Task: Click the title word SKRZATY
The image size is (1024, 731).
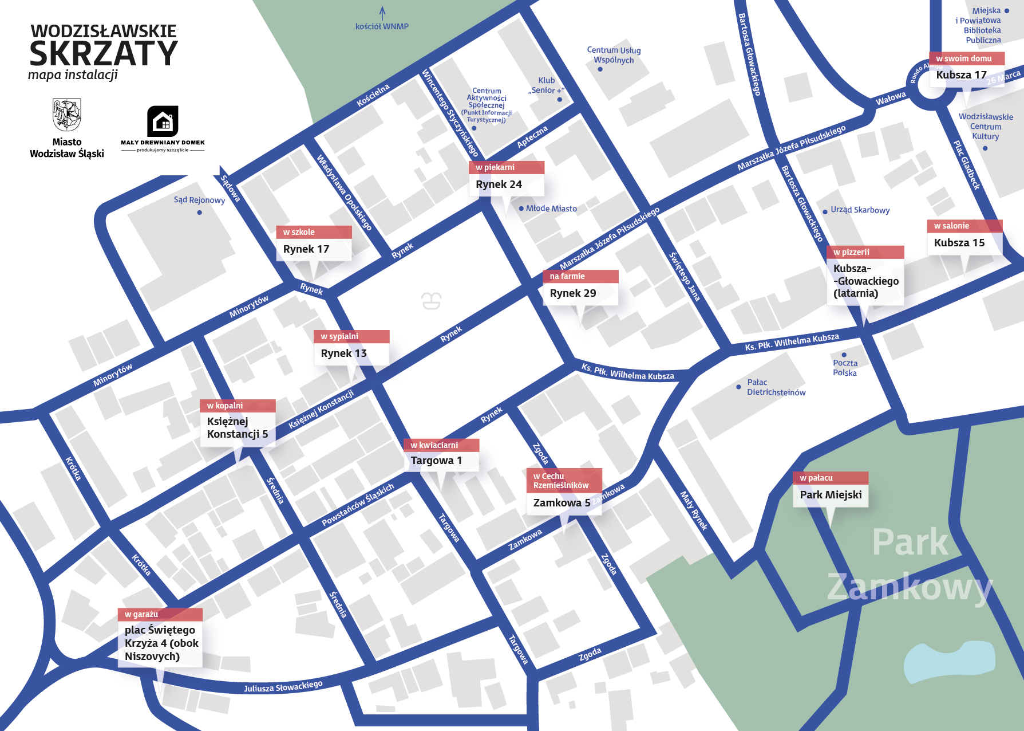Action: coord(104,54)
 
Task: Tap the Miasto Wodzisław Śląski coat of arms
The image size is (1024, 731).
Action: coord(67,115)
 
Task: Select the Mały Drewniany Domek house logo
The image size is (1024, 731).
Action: coord(163,121)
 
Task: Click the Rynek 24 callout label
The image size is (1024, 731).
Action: coord(499,184)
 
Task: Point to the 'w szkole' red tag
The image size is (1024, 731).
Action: coord(314,232)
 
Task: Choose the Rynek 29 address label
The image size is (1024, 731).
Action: coord(573,293)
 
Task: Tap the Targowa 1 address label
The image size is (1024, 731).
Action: coord(436,461)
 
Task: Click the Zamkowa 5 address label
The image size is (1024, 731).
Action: coord(562,503)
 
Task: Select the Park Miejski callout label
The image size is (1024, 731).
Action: coord(831,495)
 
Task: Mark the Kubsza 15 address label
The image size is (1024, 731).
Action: coord(959,243)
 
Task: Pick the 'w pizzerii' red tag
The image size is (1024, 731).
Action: coord(865,252)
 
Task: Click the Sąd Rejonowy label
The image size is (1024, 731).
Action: coord(199,200)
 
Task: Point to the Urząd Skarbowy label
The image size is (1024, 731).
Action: coord(860,210)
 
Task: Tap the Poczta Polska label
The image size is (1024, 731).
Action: coord(845,368)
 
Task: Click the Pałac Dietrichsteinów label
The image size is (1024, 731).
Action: coord(776,387)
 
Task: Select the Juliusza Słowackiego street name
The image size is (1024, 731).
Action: coord(283,686)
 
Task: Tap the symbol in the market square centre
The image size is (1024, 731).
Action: coord(432,300)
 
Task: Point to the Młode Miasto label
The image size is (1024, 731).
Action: coord(551,209)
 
